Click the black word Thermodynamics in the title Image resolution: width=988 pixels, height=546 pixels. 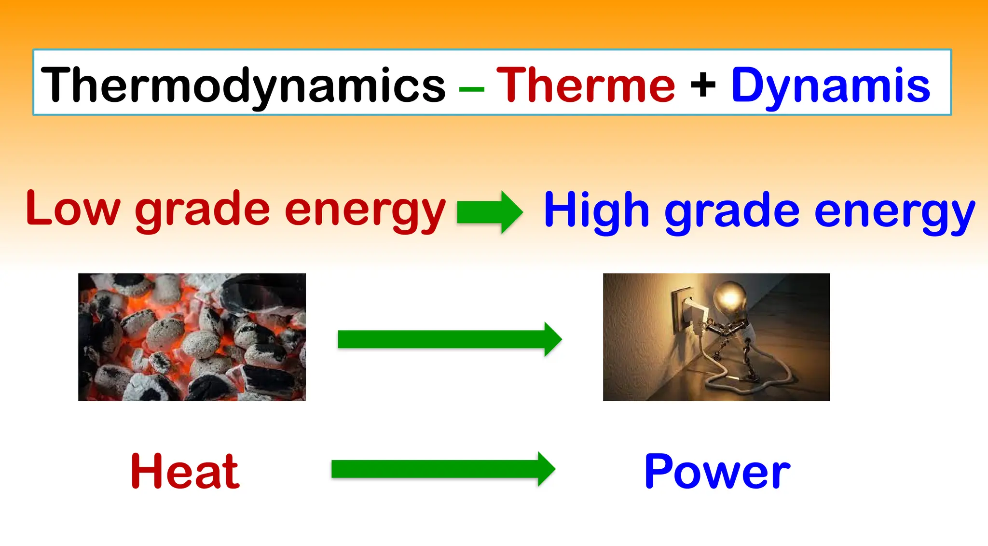click(x=243, y=85)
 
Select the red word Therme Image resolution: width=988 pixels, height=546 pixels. click(x=585, y=85)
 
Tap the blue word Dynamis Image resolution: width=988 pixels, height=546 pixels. click(x=830, y=85)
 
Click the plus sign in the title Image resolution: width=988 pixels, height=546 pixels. click(x=703, y=85)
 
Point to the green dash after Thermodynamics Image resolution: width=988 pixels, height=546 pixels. click(x=471, y=89)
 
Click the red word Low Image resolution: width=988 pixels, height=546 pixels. click(x=72, y=209)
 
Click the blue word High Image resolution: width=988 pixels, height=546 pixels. click(x=596, y=210)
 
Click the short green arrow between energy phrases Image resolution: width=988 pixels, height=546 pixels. click(x=489, y=212)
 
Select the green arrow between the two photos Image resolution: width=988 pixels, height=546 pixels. click(x=449, y=339)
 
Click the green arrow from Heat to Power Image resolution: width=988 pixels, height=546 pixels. click(x=443, y=469)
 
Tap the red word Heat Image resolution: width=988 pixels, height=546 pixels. click(x=185, y=471)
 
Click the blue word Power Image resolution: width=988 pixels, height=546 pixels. click(x=717, y=471)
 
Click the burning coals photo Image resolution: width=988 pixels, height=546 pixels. click(x=192, y=337)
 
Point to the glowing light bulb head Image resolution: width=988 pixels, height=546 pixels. click(x=729, y=298)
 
